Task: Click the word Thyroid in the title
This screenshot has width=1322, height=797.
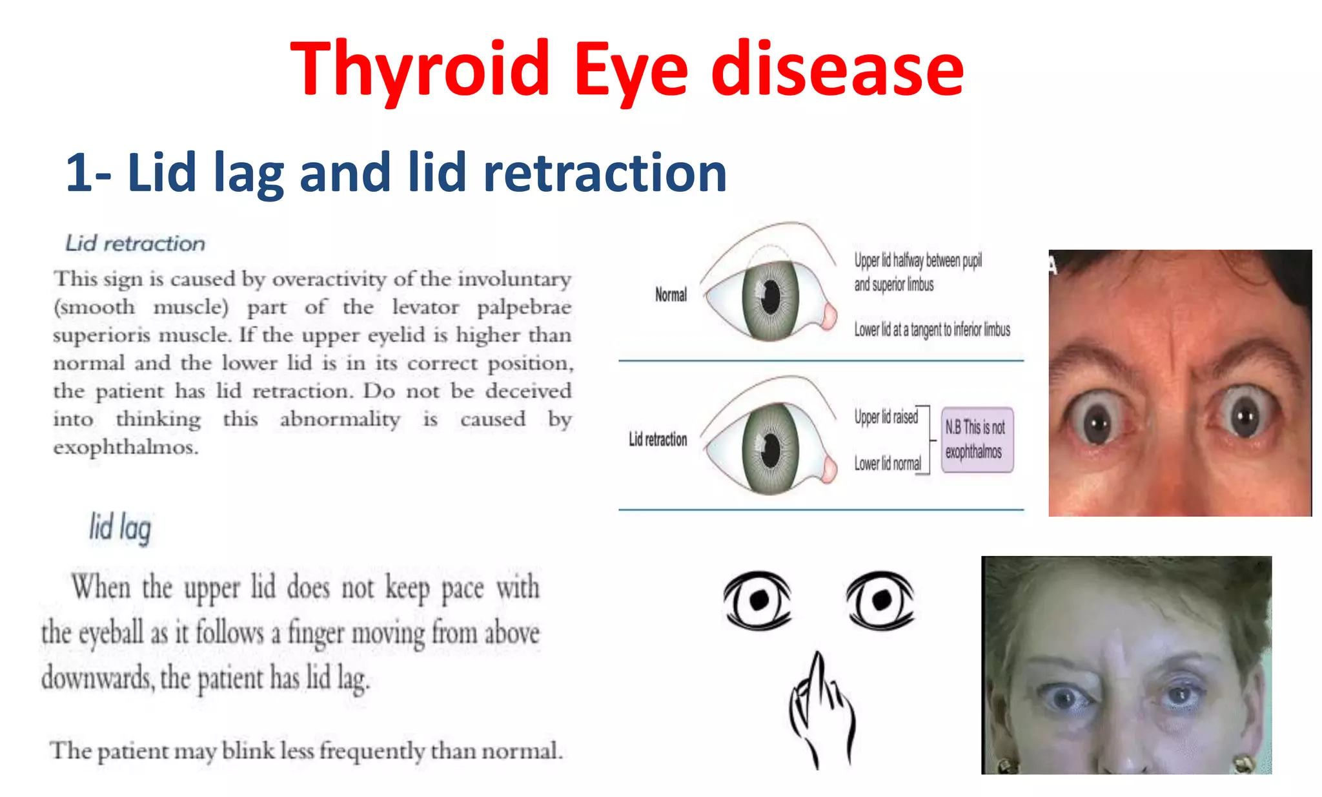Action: click(x=420, y=70)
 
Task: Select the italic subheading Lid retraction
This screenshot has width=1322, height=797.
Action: click(x=136, y=243)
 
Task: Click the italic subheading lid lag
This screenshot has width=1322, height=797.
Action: click(x=120, y=528)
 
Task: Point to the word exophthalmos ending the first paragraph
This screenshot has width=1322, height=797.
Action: click(x=125, y=447)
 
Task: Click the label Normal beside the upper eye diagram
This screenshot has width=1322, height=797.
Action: click(x=671, y=295)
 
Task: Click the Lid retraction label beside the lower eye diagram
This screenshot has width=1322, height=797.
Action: click(x=658, y=440)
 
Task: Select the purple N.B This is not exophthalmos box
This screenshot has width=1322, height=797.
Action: click(x=977, y=440)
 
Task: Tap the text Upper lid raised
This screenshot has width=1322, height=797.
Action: click(x=886, y=417)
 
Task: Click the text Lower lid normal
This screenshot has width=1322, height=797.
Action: click(x=888, y=464)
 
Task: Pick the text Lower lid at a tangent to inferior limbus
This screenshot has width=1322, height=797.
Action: click(x=931, y=330)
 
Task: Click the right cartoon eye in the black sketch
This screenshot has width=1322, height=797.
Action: click(x=880, y=600)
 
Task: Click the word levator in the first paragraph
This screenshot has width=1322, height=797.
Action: click(x=425, y=307)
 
